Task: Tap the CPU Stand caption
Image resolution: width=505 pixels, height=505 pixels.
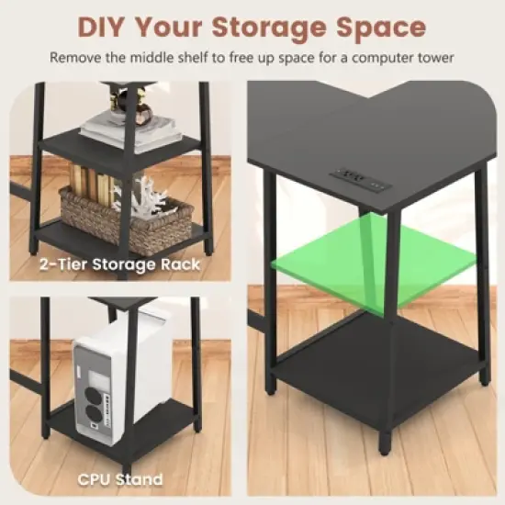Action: point(121,478)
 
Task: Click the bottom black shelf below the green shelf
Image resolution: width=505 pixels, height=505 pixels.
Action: point(376,367)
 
